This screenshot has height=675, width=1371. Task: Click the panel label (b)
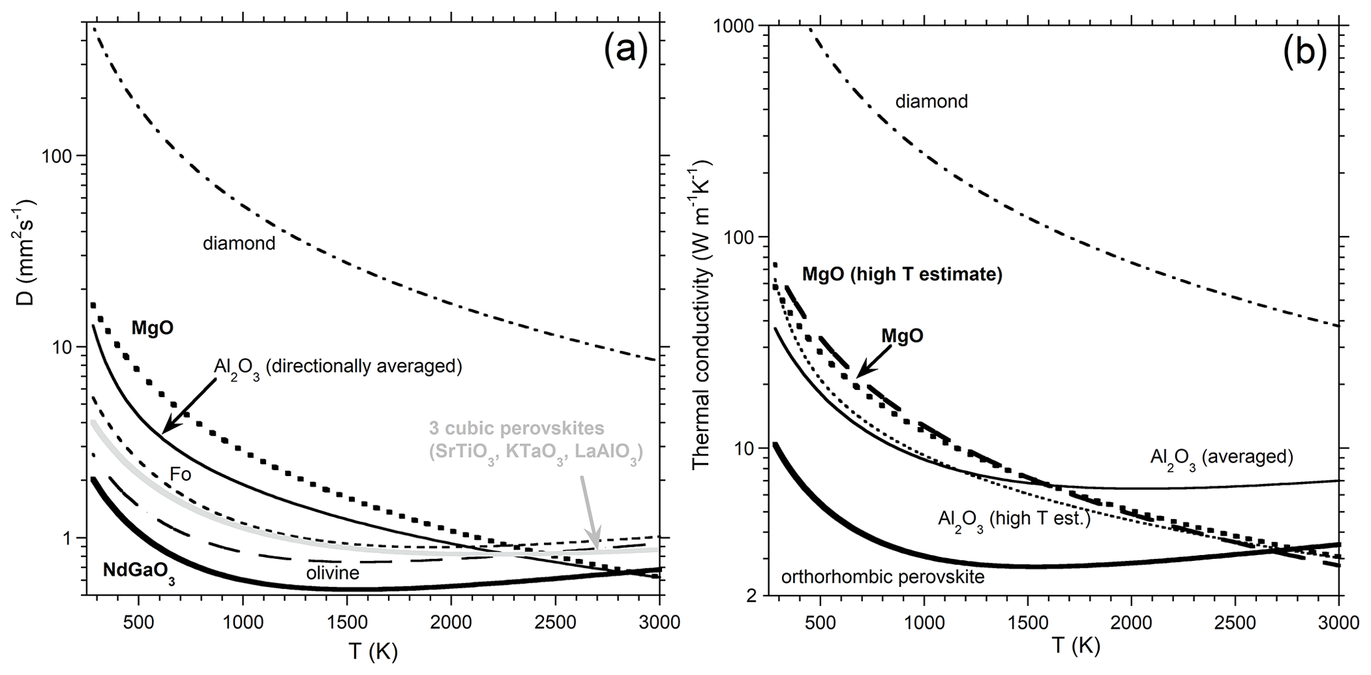click(1303, 53)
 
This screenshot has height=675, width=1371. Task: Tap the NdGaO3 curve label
click(139, 571)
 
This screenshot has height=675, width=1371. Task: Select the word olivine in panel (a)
click(332, 572)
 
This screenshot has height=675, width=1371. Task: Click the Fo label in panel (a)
click(180, 474)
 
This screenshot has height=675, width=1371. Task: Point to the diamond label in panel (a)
click(239, 243)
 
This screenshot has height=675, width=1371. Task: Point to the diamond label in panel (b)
click(931, 101)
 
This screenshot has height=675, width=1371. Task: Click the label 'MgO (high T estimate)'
click(902, 275)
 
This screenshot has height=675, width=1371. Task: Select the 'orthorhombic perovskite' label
click(883, 577)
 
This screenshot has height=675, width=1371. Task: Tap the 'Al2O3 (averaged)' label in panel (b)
click(1222, 458)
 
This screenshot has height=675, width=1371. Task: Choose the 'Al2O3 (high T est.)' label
click(1014, 519)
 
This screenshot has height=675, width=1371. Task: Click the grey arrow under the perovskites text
click(590, 511)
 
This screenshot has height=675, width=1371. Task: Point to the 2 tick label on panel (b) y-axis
click(750, 595)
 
